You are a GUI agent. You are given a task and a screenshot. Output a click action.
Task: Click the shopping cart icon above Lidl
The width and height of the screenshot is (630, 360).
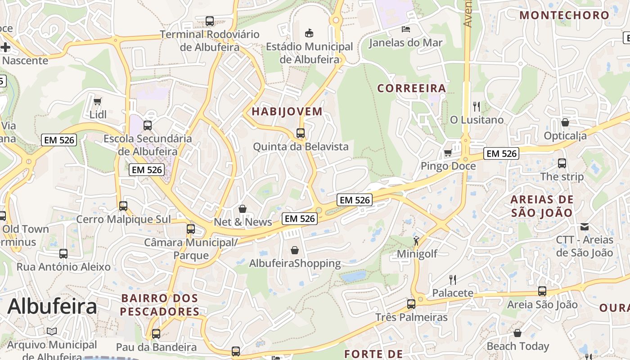pyautogui.click(x=97, y=101)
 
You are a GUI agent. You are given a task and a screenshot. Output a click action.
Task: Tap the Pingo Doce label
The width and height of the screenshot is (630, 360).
pyautogui.click(x=448, y=166)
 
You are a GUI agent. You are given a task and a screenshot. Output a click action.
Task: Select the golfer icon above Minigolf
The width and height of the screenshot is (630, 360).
pyautogui.click(x=417, y=240)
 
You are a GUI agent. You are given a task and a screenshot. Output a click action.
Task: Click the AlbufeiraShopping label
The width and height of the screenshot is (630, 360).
pyautogui.click(x=295, y=263)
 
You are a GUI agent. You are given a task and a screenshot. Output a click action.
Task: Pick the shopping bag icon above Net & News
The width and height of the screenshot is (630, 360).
pyautogui.click(x=243, y=209)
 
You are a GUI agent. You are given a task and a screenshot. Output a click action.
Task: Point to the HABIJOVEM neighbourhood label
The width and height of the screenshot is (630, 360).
pyautogui.click(x=287, y=112)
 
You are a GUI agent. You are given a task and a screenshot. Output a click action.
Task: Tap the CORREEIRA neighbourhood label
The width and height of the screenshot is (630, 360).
pyautogui.click(x=411, y=88)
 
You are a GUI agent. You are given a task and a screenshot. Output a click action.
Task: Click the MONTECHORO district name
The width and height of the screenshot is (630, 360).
pyautogui.click(x=564, y=15)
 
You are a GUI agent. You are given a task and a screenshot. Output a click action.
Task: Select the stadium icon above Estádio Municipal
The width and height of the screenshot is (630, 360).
pyautogui.click(x=309, y=33)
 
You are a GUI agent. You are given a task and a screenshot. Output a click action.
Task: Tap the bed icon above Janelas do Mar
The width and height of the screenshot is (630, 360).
pyautogui.click(x=405, y=30)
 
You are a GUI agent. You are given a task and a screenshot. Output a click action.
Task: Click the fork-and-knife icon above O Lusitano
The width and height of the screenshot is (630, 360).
pyautogui.click(x=477, y=107)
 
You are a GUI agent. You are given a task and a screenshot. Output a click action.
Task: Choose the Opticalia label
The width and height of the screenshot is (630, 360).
pyautogui.click(x=565, y=135)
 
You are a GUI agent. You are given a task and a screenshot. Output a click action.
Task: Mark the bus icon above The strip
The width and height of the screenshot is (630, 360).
pyautogui.click(x=562, y=163)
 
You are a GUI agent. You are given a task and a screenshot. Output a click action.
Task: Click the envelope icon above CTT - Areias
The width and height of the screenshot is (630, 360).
pyautogui.click(x=584, y=226)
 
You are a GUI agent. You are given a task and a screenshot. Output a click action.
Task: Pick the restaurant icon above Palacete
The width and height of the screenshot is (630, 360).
pyautogui.click(x=453, y=280)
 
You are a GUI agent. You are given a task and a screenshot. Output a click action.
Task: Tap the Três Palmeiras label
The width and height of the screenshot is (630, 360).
pyautogui.click(x=411, y=317)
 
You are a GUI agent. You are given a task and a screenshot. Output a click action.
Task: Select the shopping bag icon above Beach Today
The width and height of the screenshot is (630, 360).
pyautogui.click(x=517, y=333)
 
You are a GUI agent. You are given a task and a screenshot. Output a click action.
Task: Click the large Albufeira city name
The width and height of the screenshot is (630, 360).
pyautogui.click(x=52, y=307)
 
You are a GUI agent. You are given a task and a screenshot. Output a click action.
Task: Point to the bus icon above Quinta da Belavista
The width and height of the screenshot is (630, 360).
pyautogui.click(x=300, y=133)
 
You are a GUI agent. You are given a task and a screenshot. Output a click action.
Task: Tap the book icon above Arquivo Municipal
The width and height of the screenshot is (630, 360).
pyautogui.click(x=52, y=332)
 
